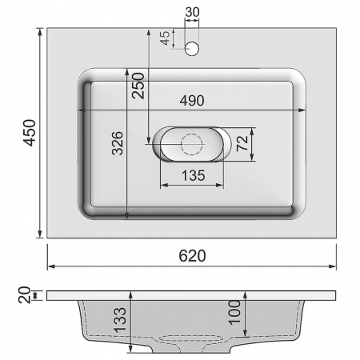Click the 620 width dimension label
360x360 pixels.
tap(192, 256)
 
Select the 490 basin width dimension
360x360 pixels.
tap(191, 101)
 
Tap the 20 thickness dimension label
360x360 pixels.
tap(23, 295)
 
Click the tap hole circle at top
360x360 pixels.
tap(192, 50)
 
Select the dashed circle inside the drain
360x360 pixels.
tap(192, 145)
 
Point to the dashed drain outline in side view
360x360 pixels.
tap(192, 339)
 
